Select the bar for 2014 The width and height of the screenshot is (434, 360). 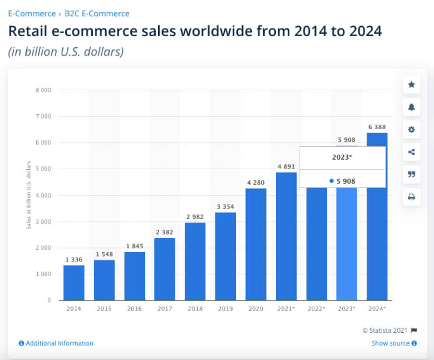pos(74,283)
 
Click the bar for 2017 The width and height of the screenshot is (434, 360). pos(165,269)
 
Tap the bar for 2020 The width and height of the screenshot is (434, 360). pos(256,244)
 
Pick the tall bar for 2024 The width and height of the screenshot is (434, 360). pos(377,216)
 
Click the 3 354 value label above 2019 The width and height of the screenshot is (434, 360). pos(225,206)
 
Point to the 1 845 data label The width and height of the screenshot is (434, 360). pos(135,246)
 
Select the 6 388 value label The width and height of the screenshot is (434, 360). pos(377,127)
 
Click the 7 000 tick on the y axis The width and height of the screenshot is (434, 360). pos(43,116)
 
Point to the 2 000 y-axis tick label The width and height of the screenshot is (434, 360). pos(43,248)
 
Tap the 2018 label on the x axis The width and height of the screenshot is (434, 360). pos(195,309)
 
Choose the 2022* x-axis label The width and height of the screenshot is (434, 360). pos(317,309)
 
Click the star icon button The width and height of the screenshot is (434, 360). pos(412,85)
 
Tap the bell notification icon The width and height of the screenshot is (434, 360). pos(412,107)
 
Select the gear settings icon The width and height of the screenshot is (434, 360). pos(412,130)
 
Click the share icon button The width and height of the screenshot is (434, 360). pos(412,152)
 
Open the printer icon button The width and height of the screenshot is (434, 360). pos(412,197)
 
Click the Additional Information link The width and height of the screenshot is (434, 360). pos(56,343)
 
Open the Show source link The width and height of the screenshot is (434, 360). pos(394,343)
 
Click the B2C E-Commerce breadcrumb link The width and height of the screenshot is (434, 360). pos(97,13)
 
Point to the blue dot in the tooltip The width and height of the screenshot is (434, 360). pos(332,181)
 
